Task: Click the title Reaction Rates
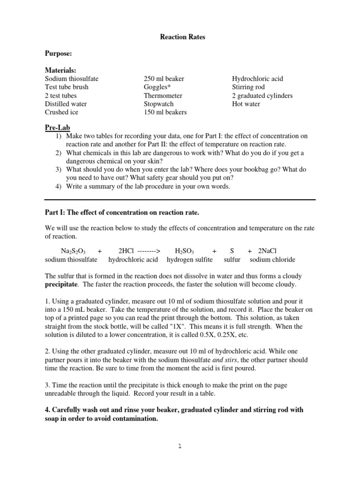(180, 37)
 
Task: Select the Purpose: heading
(59, 54)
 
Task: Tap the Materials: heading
(60, 70)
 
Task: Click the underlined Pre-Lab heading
(57, 127)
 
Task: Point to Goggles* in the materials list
(157, 87)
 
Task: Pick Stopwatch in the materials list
(159, 104)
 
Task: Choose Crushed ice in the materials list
(62, 112)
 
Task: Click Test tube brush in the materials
(67, 87)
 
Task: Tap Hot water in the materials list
(246, 104)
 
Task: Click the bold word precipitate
(63, 285)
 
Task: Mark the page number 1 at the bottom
(180, 446)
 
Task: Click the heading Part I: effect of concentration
(122, 213)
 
